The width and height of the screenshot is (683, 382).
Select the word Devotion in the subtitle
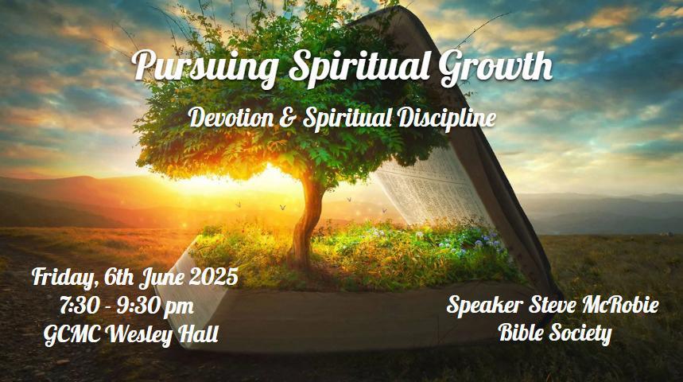[231, 118]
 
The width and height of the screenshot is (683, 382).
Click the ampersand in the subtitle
[288, 119]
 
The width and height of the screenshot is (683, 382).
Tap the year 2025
[213, 277]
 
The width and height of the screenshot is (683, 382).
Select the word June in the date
[161, 278]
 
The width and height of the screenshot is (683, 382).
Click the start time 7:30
[80, 306]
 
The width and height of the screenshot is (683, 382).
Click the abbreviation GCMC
[73, 335]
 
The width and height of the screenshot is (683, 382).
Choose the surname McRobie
[621, 305]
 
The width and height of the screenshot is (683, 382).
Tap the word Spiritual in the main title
[358, 67]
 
